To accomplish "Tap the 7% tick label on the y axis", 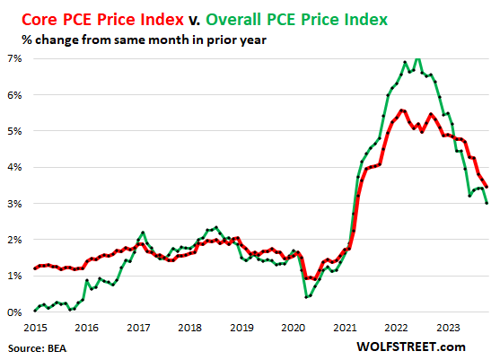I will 16,58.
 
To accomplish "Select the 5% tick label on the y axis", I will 16,131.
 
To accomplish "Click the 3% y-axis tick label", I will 16,204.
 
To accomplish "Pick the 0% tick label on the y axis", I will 16,312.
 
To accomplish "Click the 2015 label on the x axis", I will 36,329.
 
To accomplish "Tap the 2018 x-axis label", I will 190,329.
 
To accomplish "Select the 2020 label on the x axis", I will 293,329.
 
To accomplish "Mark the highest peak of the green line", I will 417,57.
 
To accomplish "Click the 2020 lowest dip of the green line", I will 305,297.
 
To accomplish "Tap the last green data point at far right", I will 487,203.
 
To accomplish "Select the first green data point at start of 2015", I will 36,311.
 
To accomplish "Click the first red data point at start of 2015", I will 36,268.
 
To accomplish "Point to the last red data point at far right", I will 487,187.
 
